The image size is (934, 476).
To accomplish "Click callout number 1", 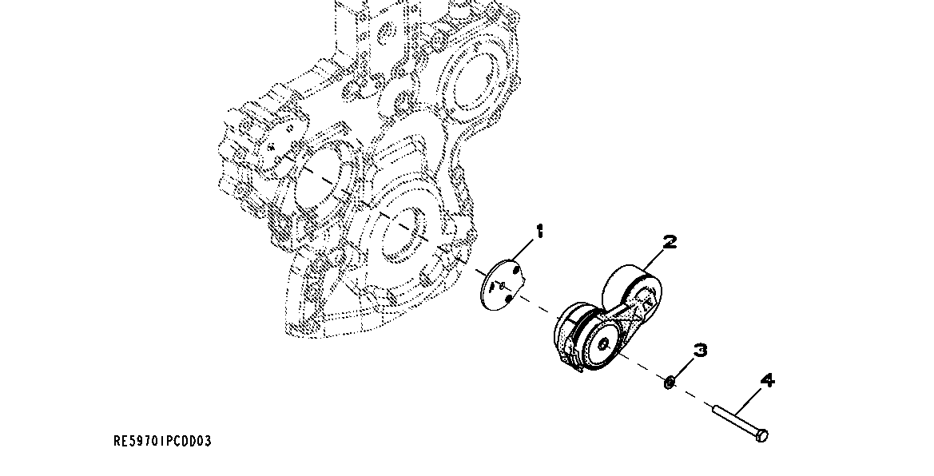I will [x=540, y=232].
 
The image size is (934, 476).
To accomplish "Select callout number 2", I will [x=670, y=242].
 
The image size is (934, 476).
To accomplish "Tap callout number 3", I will [x=700, y=350].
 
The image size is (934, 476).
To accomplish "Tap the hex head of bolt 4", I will [x=762, y=436].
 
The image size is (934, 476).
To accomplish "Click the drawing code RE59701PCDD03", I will [x=162, y=441].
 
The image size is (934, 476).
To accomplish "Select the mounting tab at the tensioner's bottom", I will [x=569, y=363].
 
